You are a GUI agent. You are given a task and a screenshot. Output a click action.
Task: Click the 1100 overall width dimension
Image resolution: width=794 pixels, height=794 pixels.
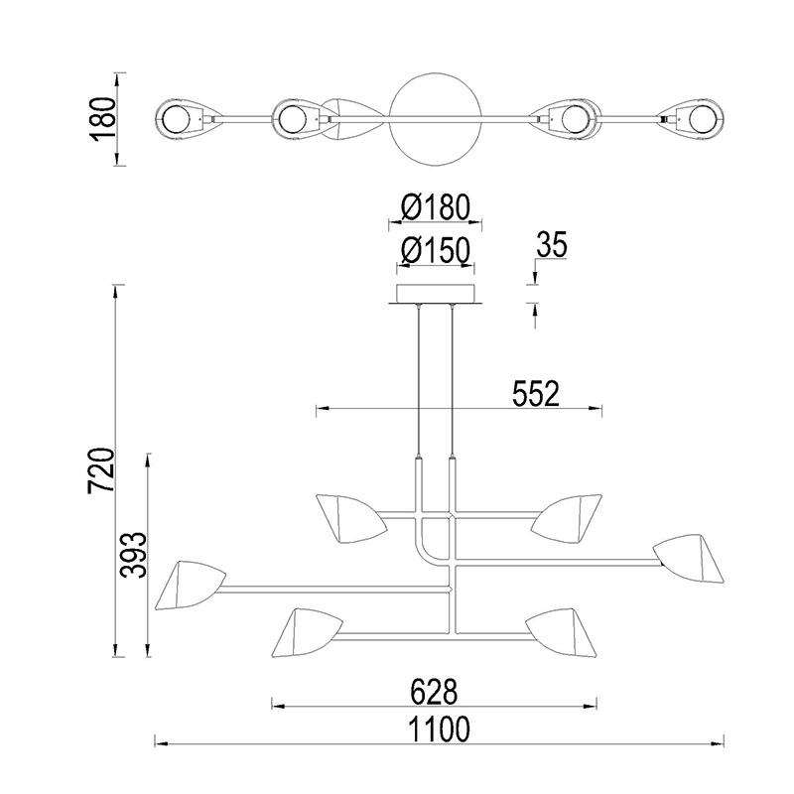(x=439, y=729)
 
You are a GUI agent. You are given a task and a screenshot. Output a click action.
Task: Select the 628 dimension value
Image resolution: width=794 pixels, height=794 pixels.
(x=434, y=692)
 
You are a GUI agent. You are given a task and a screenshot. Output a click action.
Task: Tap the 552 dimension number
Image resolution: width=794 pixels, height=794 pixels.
(x=535, y=394)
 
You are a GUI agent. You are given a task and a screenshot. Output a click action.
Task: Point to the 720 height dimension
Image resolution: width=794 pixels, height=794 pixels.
(x=102, y=470)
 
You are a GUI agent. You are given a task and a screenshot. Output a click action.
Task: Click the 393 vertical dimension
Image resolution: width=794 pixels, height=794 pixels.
(x=133, y=555)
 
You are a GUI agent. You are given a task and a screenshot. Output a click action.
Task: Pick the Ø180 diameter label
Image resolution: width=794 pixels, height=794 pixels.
(x=436, y=207)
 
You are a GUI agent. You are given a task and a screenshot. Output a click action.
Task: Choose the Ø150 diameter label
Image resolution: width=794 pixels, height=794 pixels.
(x=436, y=251)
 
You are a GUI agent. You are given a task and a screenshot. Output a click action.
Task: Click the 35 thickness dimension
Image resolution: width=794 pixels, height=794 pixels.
(x=552, y=245)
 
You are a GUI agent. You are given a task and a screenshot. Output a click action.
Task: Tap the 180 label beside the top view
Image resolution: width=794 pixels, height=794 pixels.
(x=103, y=119)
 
